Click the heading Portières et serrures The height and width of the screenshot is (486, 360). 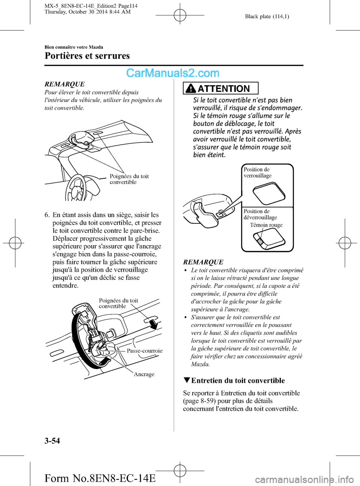(87, 56)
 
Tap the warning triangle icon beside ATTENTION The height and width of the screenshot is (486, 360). (191, 89)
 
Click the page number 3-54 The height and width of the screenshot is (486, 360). (52, 441)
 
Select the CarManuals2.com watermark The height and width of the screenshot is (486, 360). (172, 73)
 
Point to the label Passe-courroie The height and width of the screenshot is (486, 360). (144, 351)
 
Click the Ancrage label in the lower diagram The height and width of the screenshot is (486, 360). (144, 374)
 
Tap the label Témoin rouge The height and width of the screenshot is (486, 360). (266, 225)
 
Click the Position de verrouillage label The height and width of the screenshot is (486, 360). (258, 173)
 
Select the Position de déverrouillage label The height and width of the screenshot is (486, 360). (260, 214)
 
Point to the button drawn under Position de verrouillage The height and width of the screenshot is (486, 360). (269, 193)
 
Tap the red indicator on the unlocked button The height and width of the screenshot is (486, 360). (259, 240)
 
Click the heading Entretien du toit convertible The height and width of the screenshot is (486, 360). (238, 381)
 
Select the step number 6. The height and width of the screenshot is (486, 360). (47, 215)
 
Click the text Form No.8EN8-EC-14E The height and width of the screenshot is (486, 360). (100, 478)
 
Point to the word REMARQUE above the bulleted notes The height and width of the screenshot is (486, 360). (203, 262)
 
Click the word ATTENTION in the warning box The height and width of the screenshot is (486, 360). (223, 89)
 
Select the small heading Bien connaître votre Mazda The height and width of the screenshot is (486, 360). (74, 47)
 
